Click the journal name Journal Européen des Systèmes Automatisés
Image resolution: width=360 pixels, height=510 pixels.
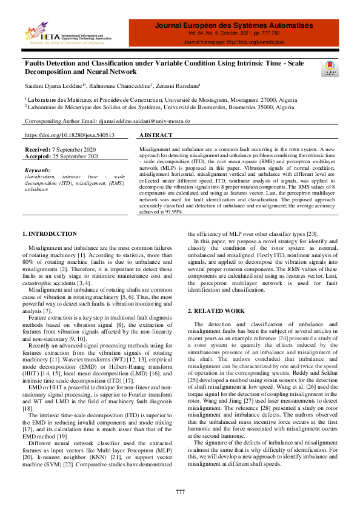(x=234, y=26)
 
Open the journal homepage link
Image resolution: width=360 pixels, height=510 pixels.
(x=259, y=42)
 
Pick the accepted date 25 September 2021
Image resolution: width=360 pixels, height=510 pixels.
(x=76, y=155)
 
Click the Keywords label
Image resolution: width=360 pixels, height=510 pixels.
(x=38, y=170)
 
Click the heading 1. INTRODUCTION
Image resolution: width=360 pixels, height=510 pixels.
(x=50, y=233)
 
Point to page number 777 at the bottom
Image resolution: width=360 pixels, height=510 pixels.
(x=180, y=492)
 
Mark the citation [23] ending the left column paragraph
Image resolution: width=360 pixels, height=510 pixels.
(x=312, y=233)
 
